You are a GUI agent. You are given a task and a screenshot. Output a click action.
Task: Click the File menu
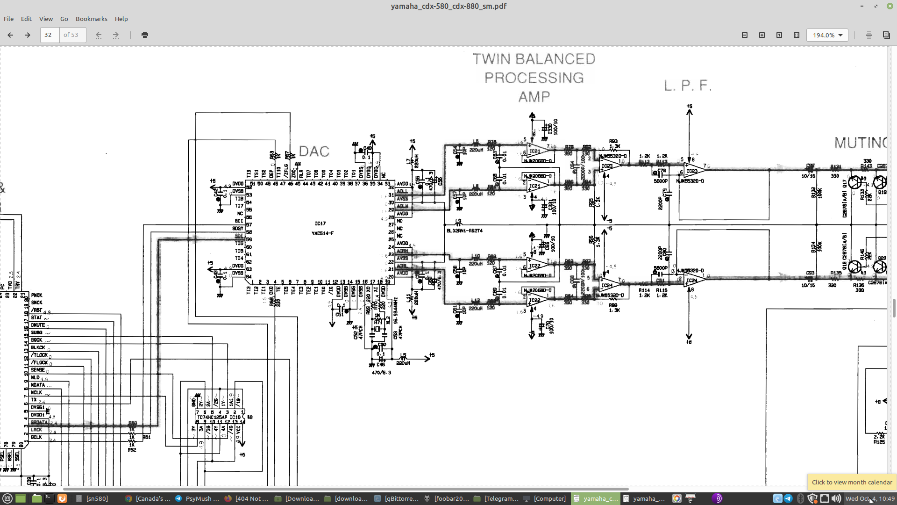click(8, 19)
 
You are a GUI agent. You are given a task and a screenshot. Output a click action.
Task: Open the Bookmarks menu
click(91, 19)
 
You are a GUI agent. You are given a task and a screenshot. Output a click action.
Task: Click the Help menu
click(121, 19)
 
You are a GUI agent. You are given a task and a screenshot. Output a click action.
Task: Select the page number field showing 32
click(50, 35)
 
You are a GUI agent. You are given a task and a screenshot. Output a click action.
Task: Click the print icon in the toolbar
click(145, 35)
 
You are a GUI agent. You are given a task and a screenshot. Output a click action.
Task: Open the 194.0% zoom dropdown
click(827, 35)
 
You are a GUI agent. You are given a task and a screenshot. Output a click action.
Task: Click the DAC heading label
click(314, 151)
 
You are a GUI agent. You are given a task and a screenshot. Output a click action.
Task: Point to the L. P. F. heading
click(688, 86)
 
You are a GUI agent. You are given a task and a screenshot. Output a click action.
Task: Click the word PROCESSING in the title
click(534, 78)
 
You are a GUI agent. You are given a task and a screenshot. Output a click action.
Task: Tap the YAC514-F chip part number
click(322, 233)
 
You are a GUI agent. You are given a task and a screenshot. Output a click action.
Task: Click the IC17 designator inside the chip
click(320, 224)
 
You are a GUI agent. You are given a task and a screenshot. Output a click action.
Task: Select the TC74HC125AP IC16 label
click(219, 417)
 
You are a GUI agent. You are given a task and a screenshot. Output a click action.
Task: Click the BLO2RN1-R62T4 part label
click(464, 231)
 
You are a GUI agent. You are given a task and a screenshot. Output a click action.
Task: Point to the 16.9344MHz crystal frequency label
click(395, 311)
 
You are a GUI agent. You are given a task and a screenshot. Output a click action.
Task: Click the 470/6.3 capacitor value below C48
click(381, 373)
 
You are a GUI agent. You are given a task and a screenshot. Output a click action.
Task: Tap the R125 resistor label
click(879, 442)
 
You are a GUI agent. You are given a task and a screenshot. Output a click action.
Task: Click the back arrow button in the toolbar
click(10, 35)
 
